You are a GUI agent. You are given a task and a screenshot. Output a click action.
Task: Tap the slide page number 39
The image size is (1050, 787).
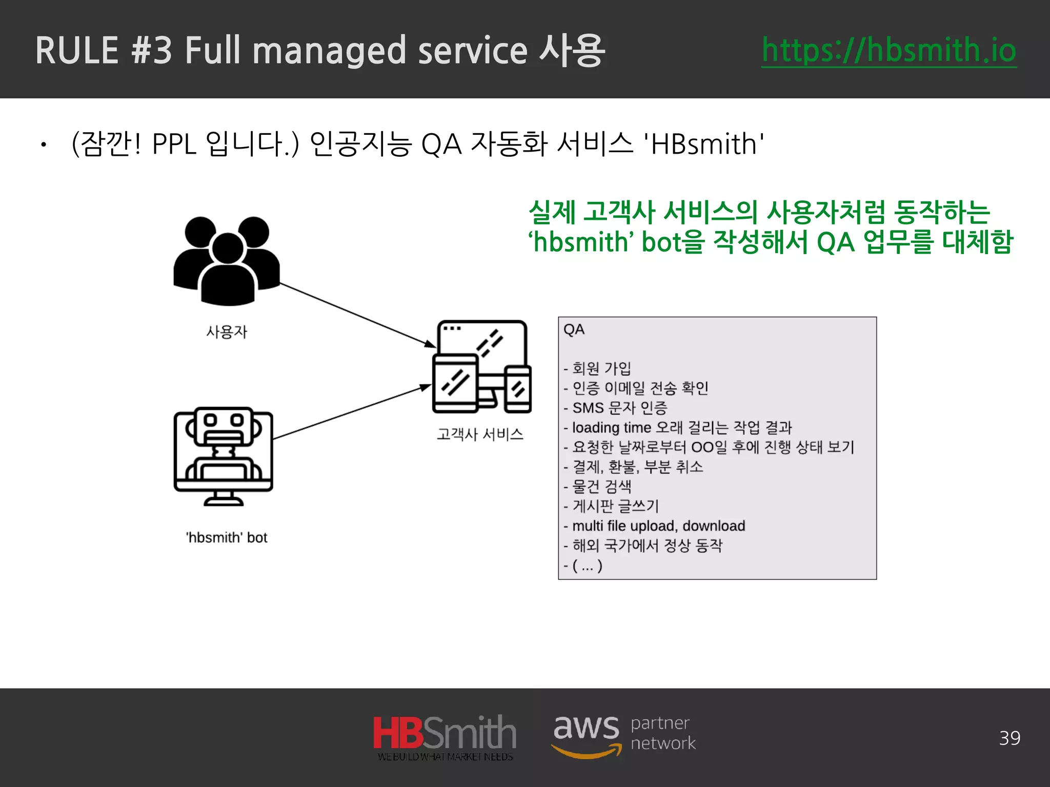1009,738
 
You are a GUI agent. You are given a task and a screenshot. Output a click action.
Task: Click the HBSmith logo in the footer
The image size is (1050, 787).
445,736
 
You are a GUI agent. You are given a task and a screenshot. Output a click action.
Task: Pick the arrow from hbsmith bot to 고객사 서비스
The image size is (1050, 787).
352,412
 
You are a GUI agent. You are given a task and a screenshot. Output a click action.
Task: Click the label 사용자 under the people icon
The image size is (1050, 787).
227,332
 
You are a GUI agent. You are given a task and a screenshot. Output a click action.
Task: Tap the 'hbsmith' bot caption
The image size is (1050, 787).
227,537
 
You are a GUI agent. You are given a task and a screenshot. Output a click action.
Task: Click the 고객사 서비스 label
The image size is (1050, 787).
480,434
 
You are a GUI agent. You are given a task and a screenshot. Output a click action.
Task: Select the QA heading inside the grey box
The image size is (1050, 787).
574,329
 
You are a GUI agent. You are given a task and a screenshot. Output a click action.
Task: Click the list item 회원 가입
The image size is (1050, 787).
601,368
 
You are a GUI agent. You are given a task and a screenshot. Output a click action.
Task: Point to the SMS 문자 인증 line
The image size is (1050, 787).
619,408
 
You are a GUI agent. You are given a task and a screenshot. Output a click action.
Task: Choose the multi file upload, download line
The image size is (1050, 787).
658,526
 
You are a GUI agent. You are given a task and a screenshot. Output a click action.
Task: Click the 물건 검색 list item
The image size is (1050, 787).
601,486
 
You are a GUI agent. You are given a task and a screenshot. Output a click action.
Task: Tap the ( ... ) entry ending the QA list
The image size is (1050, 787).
587,566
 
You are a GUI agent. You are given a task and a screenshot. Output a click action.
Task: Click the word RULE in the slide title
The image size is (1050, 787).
77,51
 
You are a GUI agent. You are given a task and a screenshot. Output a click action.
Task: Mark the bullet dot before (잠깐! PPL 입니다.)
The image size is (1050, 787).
44,146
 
